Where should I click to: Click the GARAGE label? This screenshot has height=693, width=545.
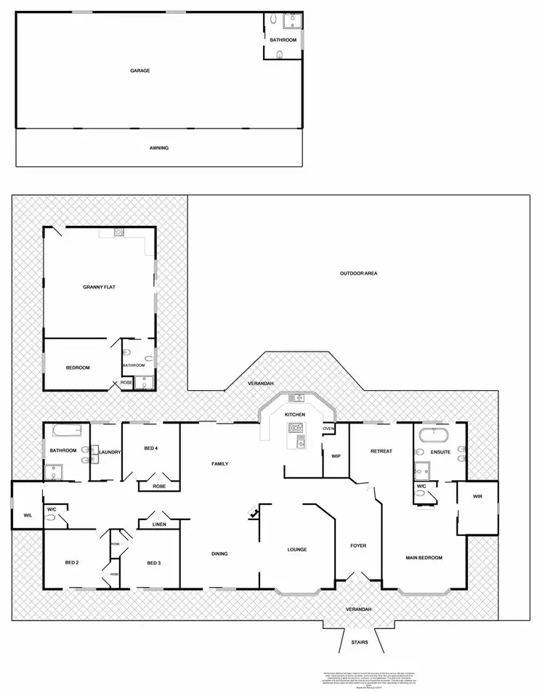coord(140,70)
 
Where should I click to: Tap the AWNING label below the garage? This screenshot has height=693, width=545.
coord(158,148)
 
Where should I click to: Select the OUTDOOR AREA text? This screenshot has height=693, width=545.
coord(358,274)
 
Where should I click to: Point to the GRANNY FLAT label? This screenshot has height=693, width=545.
coord(99,287)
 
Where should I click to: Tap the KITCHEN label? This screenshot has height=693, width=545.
coord(294,414)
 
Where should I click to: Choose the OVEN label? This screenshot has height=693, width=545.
coord(328,429)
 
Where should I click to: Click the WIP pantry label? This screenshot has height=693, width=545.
coord(336,456)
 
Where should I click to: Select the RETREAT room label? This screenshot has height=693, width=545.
coord(381,451)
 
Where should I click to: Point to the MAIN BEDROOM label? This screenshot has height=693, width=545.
coord(424,557)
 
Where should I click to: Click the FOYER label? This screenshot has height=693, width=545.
coord(358,545)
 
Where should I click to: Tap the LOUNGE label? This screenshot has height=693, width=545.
coord(296,549)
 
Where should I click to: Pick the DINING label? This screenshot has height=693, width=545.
coord(219,554)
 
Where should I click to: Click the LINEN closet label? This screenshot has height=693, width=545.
coord(159,524)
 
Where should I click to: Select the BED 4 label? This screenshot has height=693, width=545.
coord(151,448)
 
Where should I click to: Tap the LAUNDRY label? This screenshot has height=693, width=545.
coord(109,453)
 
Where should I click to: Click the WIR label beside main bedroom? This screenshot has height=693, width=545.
coord(477,497)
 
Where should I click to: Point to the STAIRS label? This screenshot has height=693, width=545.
coord(359,643)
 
